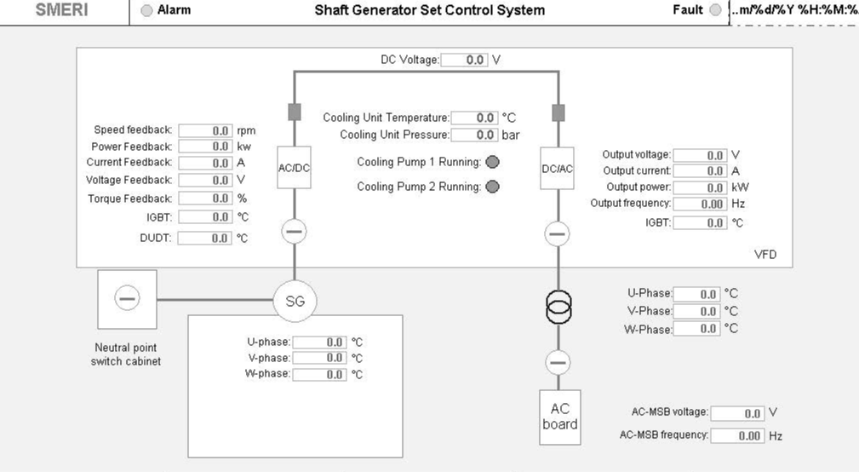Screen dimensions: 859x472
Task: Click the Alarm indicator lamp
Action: tap(146, 10)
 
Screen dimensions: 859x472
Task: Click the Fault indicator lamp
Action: tap(715, 10)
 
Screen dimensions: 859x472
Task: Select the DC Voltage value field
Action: tap(464, 60)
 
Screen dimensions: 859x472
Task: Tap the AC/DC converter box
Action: tap(295, 168)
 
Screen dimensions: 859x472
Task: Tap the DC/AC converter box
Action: tap(557, 169)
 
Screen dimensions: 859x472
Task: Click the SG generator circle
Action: tap(295, 301)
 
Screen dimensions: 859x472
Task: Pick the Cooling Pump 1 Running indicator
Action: tap(493, 162)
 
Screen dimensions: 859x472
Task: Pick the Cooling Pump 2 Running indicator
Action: tap(493, 187)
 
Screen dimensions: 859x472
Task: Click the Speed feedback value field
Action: tap(205, 130)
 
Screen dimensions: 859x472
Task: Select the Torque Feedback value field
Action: tap(205, 199)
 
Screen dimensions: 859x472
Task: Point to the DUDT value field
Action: tap(205, 238)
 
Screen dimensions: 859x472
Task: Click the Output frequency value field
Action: tap(700, 204)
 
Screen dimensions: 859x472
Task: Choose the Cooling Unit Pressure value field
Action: tap(474, 135)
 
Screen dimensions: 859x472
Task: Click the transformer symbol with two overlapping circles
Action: tap(558, 307)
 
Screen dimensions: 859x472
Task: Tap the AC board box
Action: tap(560, 417)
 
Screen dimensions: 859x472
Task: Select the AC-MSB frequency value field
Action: tap(737, 436)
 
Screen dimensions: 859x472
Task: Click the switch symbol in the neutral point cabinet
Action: tap(127, 299)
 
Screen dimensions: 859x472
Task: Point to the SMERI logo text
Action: tap(62, 10)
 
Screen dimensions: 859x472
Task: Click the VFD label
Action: tap(765, 255)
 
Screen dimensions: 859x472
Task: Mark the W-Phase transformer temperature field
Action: tap(696, 329)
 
